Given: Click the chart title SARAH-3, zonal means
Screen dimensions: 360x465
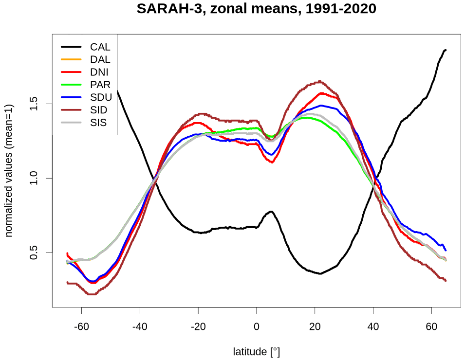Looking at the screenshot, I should (x=257, y=9).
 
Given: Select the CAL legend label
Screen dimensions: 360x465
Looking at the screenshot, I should (x=100, y=47).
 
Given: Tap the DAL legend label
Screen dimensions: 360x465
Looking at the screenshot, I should (x=100, y=60).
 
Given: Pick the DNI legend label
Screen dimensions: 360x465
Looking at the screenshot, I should (x=100, y=72).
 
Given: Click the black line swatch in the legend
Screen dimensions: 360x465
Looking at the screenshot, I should (x=71, y=47).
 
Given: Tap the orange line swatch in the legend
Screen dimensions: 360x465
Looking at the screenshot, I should (x=71, y=60).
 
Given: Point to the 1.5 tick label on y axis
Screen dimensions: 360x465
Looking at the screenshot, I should (x=34, y=104).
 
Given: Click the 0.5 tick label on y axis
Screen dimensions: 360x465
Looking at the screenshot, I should (x=34, y=252).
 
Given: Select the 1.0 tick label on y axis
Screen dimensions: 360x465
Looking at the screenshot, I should (x=34, y=178).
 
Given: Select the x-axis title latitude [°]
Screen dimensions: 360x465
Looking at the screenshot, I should (x=257, y=351).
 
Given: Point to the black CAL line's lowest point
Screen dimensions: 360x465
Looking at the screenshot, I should (x=320, y=273).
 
